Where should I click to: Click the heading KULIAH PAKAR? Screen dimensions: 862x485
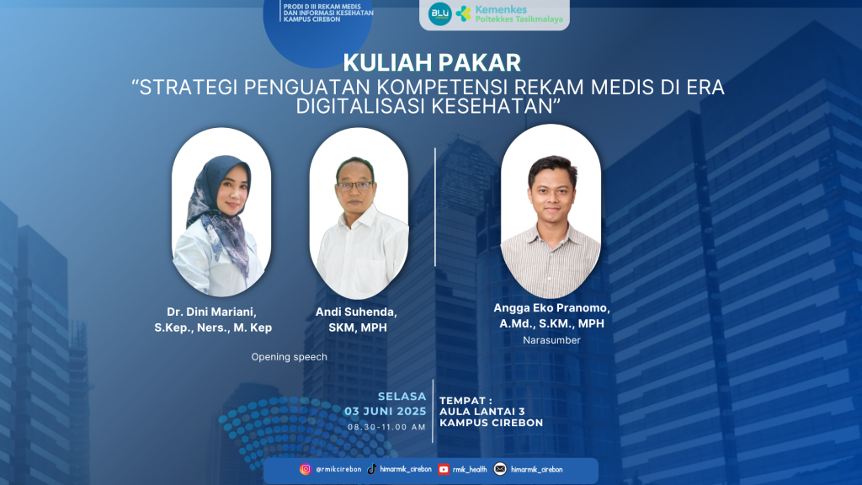[x=432, y=62]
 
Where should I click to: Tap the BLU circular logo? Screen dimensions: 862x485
[x=439, y=13]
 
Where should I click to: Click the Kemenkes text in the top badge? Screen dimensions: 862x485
[x=501, y=9]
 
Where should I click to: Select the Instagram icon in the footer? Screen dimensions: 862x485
[x=305, y=469]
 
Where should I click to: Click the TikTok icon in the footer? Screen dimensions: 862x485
[x=371, y=469]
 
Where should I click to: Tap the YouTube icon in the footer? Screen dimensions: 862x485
[x=444, y=470]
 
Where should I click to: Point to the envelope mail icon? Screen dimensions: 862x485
[x=500, y=469]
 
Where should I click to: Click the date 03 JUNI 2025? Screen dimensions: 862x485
[x=386, y=411]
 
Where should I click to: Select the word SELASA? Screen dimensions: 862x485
[x=402, y=397]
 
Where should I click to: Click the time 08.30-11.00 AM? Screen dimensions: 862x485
[x=387, y=427]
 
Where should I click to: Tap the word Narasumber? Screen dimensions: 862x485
[x=551, y=340]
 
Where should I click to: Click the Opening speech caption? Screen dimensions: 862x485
[x=290, y=357]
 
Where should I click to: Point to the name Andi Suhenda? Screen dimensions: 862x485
[x=356, y=312]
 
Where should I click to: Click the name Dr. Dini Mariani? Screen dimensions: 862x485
[x=211, y=312]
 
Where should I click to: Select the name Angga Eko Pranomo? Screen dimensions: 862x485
[x=551, y=308]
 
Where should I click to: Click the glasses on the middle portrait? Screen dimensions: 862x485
[x=354, y=186]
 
